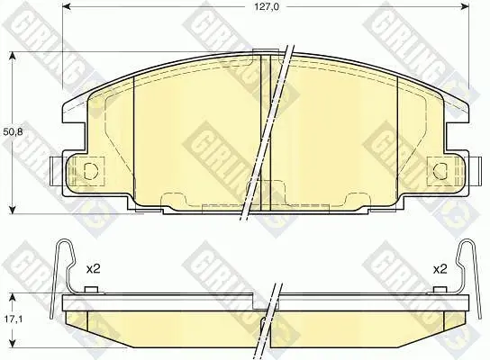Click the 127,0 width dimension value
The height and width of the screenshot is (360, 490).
pos(266,6)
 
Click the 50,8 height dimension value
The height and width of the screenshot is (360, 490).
pos(13,132)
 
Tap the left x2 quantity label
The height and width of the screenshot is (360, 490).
pos(93,269)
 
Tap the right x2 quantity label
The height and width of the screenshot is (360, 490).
pos(440,269)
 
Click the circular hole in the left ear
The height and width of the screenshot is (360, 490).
pos(91,171)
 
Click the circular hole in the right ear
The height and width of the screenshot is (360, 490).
pos(440,171)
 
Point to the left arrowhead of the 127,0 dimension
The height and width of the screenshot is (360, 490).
pos(68,6)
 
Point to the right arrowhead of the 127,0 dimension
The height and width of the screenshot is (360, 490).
pos(465,6)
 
